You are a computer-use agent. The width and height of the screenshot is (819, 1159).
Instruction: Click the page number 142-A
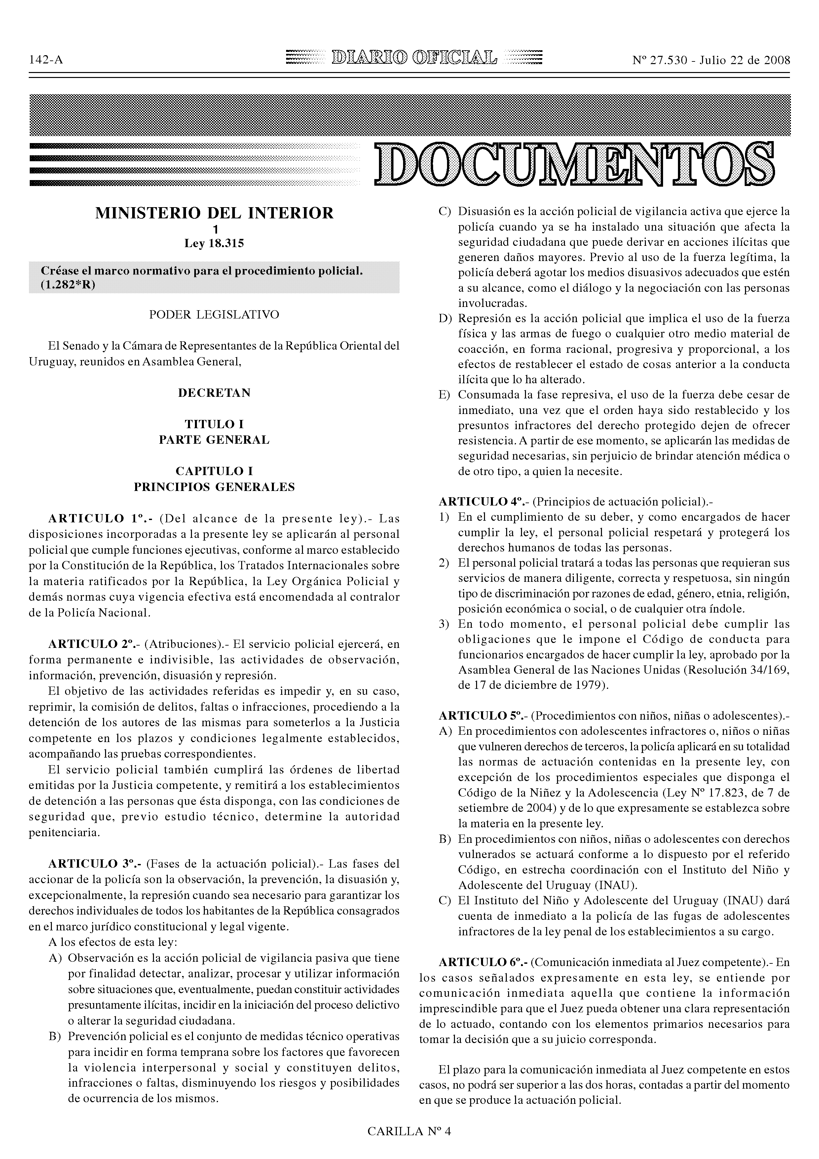tap(46, 60)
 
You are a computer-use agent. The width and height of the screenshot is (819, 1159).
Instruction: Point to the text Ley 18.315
tap(214, 244)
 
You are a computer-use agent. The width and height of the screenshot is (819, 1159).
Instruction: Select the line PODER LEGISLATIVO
tap(214, 315)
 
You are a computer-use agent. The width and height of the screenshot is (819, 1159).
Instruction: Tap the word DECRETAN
tap(214, 393)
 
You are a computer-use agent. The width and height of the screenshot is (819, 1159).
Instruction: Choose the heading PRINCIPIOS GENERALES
tap(214, 487)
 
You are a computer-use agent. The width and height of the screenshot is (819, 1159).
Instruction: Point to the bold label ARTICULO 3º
tap(93, 864)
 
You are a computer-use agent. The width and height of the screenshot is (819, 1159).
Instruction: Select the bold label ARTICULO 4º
tap(483, 502)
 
